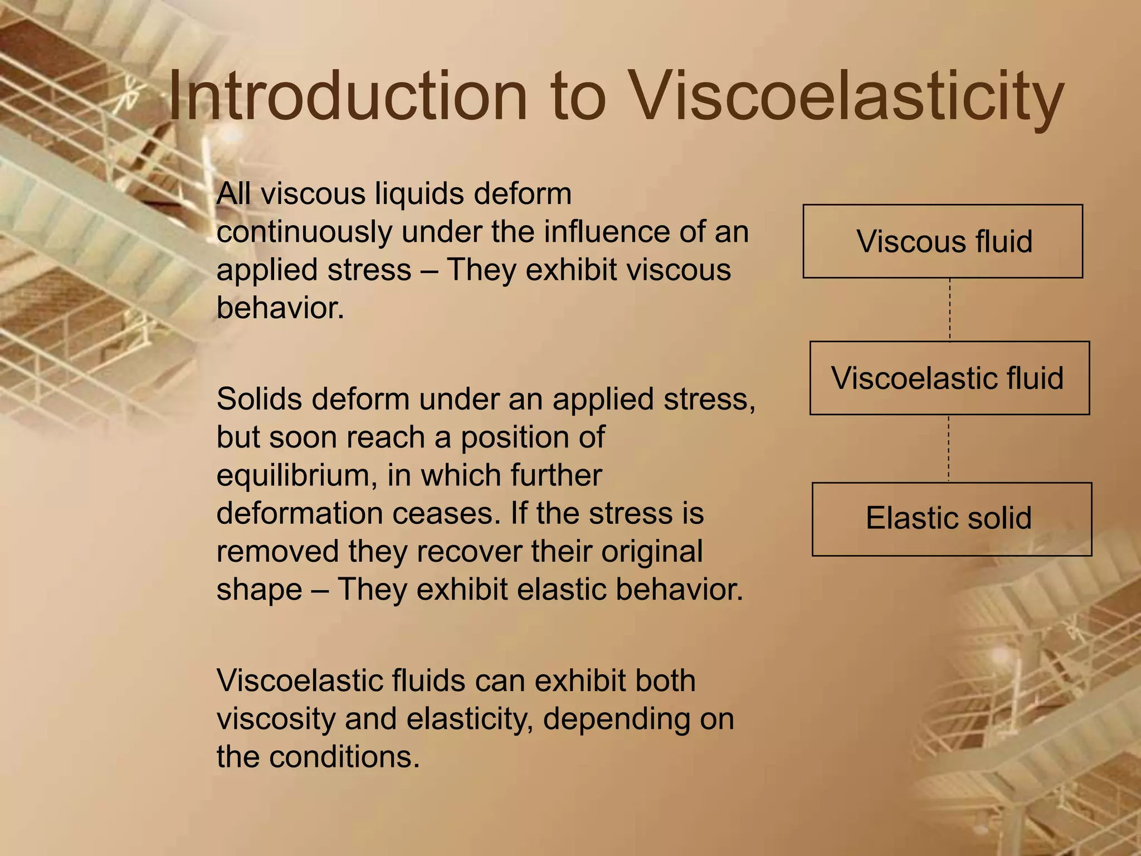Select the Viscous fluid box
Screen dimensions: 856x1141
pyautogui.click(x=943, y=241)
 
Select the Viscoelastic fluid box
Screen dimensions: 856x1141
pyautogui.click(x=949, y=378)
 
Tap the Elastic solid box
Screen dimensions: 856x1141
pyautogui.click(x=952, y=518)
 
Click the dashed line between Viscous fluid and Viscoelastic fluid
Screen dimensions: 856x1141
pyautogui.click(x=950, y=309)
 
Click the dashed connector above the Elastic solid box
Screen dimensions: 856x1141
pyautogui.click(x=949, y=449)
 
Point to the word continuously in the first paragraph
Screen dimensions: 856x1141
pyautogui.click(x=304, y=232)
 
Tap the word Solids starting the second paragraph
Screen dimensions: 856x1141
pyautogui.click(x=259, y=399)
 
